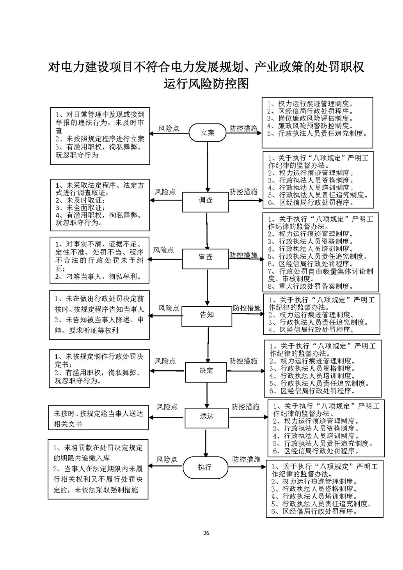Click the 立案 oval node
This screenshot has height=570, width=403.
click(x=208, y=133)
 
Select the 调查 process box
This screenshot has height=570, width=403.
click(x=206, y=201)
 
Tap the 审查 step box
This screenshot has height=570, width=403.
click(x=206, y=257)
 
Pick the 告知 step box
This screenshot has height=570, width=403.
click(x=207, y=314)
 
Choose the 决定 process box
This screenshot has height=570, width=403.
click(x=206, y=371)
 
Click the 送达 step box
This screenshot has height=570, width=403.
click(x=207, y=416)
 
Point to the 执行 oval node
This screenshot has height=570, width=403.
click(x=205, y=467)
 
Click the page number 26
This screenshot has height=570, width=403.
click(x=206, y=533)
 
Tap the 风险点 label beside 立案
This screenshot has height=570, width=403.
click(x=169, y=128)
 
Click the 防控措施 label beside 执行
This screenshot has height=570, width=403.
click(x=246, y=460)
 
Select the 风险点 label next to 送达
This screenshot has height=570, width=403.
click(x=167, y=407)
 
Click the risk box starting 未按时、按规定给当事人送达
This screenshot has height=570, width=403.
click(x=98, y=418)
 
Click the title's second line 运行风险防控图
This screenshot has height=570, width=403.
click(x=206, y=84)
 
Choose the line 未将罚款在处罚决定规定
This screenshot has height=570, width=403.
click(x=98, y=447)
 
